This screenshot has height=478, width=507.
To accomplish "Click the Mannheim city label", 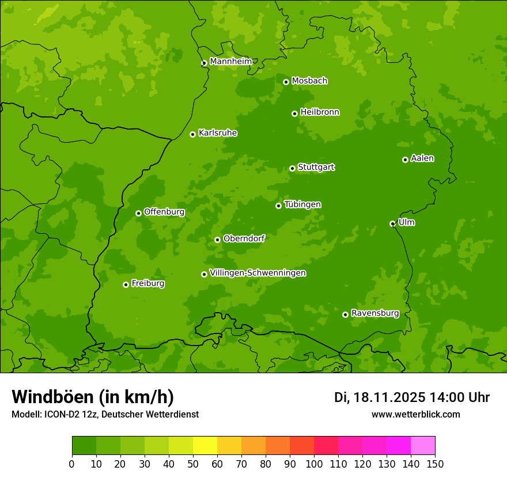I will [x=230, y=62].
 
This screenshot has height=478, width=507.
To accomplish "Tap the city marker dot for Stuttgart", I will [x=293, y=168].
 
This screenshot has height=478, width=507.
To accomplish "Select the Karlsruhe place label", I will [x=218, y=133].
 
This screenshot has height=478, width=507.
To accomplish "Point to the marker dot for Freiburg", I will [x=126, y=284].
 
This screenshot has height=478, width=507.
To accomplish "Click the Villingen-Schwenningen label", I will [x=258, y=273].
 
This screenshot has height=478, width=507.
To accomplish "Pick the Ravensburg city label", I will [x=375, y=313].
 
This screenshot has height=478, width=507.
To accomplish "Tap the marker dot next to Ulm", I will [x=392, y=223].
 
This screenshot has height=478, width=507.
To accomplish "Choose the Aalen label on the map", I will [x=422, y=158].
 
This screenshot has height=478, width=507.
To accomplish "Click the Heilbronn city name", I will [x=320, y=112].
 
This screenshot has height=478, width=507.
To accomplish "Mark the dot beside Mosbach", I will [x=286, y=82].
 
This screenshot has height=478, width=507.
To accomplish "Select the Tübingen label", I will [x=302, y=204].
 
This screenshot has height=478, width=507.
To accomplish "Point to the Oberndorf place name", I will [x=244, y=238].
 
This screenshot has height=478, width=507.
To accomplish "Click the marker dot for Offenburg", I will [x=138, y=213].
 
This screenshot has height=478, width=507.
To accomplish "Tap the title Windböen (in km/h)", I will [x=93, y=397].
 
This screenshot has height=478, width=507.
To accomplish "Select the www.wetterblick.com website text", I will [x=415, y=414].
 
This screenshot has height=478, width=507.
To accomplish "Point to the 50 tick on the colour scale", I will [x=193, y=464].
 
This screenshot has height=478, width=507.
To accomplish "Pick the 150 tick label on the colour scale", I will [x=435, y=464].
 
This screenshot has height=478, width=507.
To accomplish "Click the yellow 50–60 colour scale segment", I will [x=205, y=446].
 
